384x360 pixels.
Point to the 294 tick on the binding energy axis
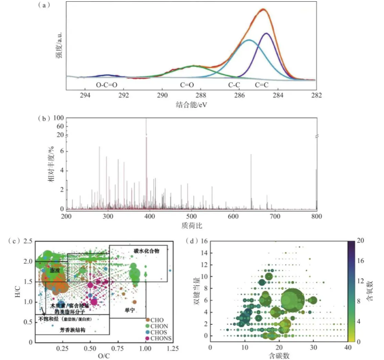(85, 95)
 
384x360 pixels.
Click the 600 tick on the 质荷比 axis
(233, 216)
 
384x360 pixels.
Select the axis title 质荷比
(191, 226)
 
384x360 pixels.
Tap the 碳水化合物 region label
(146, 251)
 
